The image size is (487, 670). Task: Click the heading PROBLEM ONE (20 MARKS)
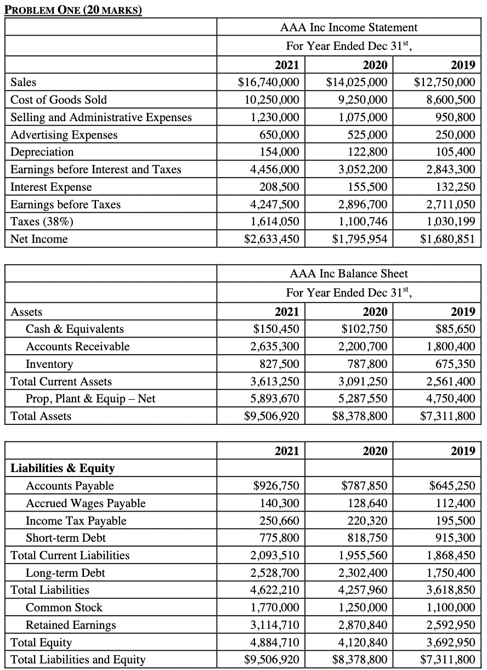pyautogui.click(x=73, y=10)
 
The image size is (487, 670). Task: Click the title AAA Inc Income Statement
pyautogui.click(x=349, y=27)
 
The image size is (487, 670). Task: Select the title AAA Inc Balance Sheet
pyautogui.click(x=349, y=273)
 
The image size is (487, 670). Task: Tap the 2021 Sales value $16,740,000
pyautogui.click(x=269, y=82)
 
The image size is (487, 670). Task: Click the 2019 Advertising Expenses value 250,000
pyautogui.click(x=455, y=134)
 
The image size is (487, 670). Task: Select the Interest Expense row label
pyautogui.click(x=51, y=187)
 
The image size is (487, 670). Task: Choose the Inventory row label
pyautogui.click(x=49, y=364)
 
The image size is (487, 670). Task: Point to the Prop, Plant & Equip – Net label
pyautogui.click(x=90, y=399)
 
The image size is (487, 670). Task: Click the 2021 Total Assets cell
pyautogui.click(x=272, y=416)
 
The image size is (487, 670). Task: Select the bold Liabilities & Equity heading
pyautogui.click(x=63, y=468)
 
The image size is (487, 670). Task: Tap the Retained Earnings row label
pyautogui.click(x=71, y=625)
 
